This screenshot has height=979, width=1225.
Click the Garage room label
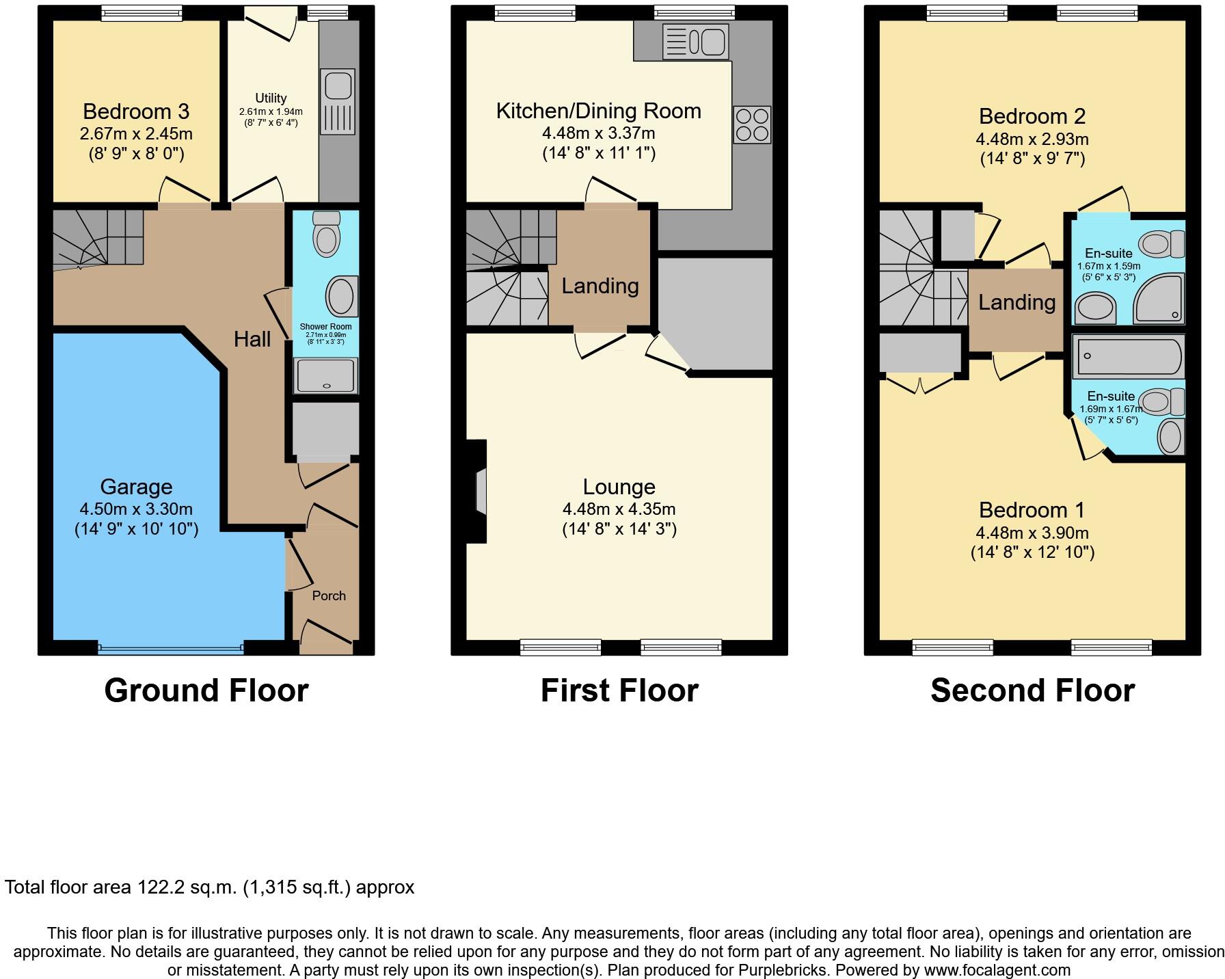(x=136, y=487)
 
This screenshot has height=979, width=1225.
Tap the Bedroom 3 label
(x=136, y=111)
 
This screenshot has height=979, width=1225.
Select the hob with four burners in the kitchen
(x=752, y=124)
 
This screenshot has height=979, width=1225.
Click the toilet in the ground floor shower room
(x=326, y=233)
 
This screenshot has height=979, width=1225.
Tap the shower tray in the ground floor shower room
(x=326, y=376)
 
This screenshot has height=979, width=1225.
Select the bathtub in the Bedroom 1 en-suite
(x=1127, y=356)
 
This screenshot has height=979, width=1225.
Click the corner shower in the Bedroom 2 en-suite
(x=1159, y=299)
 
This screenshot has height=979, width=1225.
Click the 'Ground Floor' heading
(x=206, y=690)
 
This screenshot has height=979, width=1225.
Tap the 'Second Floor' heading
(x=1032, y=690)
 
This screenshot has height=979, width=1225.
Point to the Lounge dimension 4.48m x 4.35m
(x=619, y=509)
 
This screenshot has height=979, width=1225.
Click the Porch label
(x=329, y=596)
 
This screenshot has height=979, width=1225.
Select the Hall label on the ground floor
(x=252, y=339)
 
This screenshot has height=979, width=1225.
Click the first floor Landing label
(x=600, y=286)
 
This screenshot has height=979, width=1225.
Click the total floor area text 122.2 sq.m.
(x=209, y=887)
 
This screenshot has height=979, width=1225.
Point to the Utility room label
(x=271, y=98)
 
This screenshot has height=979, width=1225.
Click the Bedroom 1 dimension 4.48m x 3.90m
(x=1032, y=533)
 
